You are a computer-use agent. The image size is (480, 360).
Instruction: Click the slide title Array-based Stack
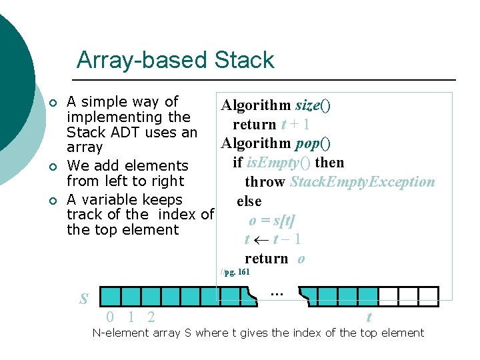click(175, 60)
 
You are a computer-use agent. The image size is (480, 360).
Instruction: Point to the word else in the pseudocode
click(249, 201)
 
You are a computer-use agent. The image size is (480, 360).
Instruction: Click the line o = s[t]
click(272, 221)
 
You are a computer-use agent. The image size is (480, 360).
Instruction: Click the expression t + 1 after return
click(294, 125)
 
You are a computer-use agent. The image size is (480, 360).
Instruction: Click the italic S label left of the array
click(84, 299)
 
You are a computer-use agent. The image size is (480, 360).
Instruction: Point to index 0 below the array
click(110, 317)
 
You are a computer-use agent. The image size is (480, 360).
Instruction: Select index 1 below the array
click(131, 317)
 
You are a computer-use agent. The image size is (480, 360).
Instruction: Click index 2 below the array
click(152, 317)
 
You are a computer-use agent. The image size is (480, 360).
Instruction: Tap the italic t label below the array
click(369, 318)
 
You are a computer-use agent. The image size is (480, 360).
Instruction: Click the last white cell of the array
click(429, 297)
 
